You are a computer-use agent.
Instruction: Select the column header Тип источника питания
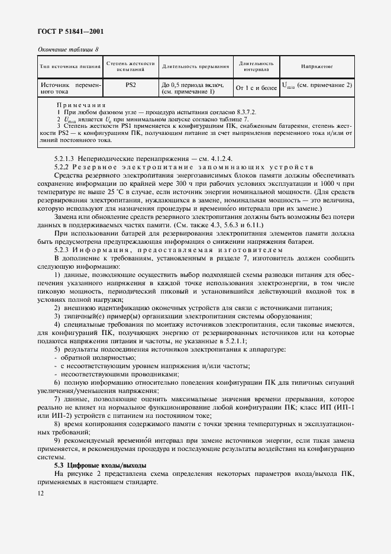click(x=70, y=67)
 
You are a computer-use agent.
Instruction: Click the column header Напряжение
click(x=316, y=67)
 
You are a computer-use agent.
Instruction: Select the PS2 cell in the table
click(x=130, y=85)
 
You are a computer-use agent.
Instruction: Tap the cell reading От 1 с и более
click(x=256, y=89)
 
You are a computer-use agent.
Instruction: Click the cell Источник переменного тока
click(x=70, y=89)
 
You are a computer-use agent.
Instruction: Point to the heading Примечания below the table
click(x=80, y=105)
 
